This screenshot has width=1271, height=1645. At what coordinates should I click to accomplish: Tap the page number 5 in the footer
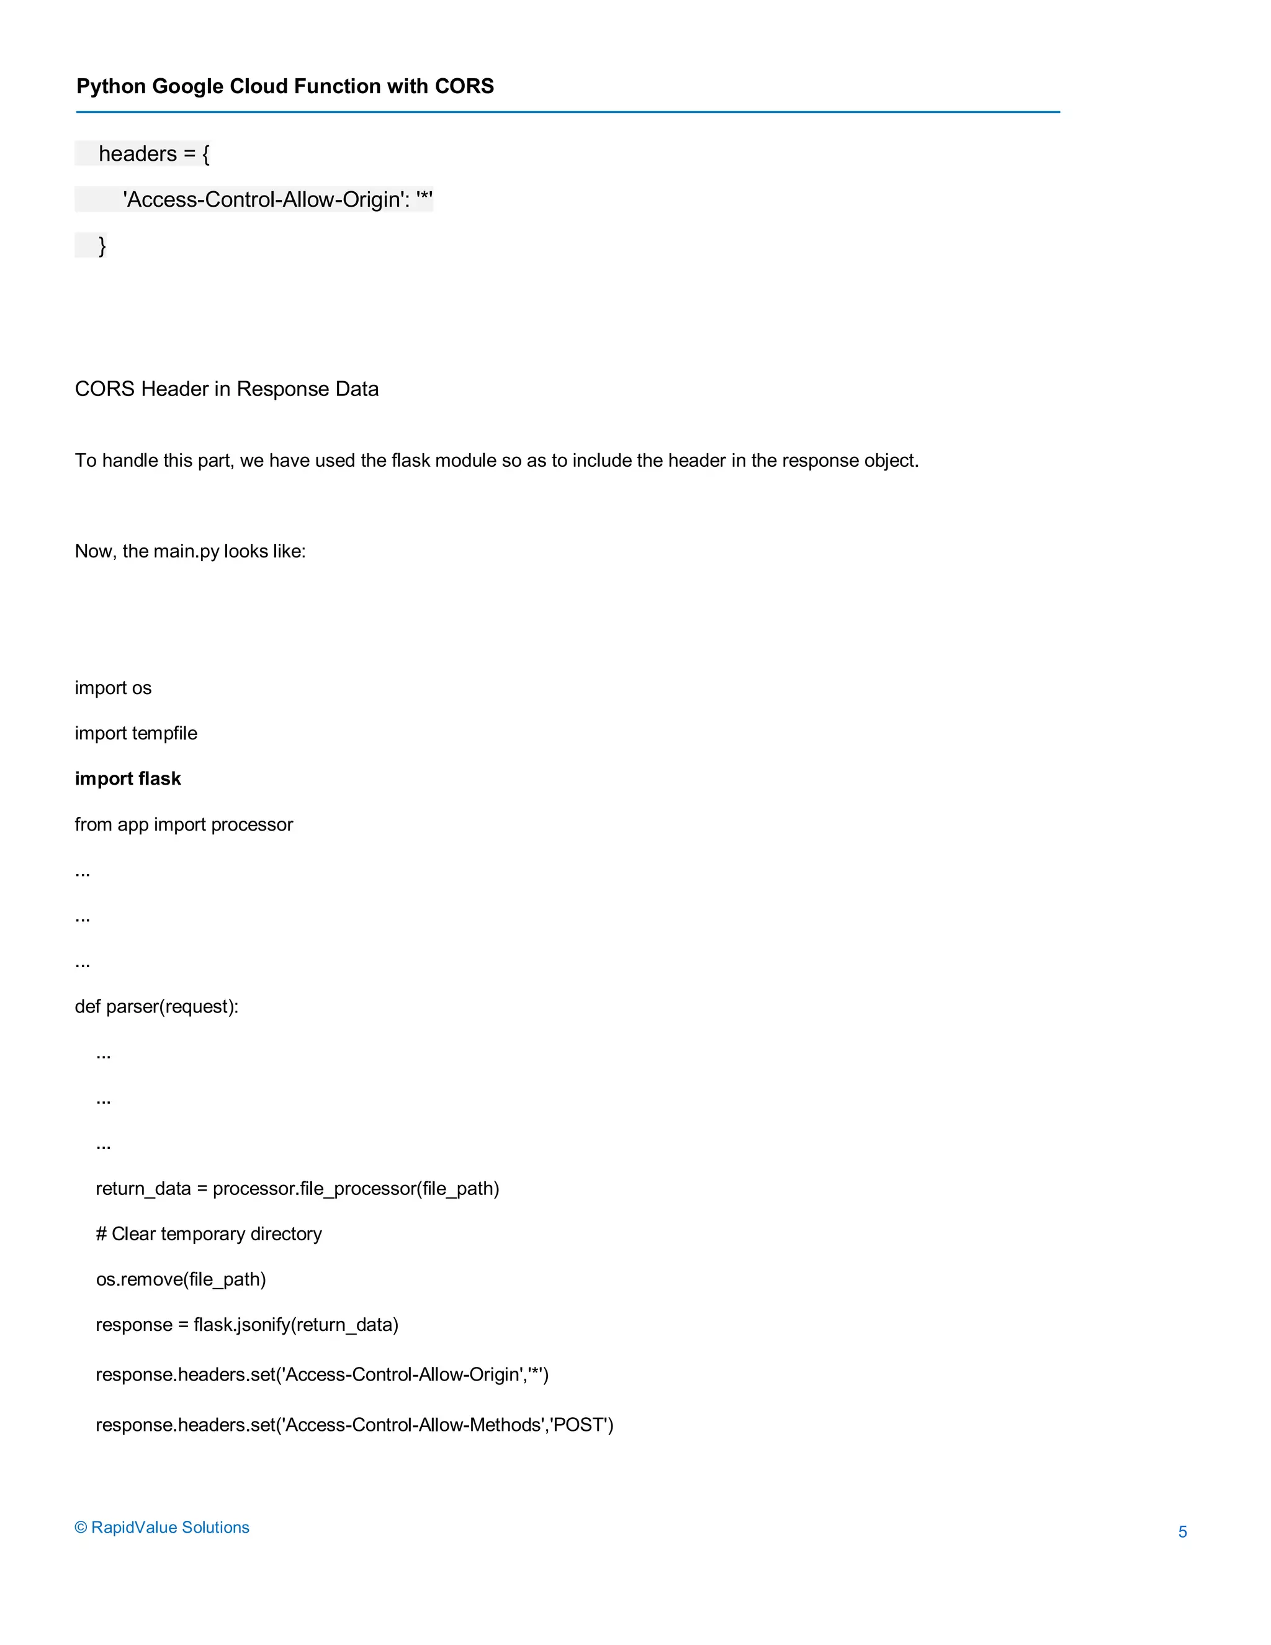(x=1182, y=1531)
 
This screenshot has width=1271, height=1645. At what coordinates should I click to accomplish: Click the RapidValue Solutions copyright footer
(x=162, y=1527)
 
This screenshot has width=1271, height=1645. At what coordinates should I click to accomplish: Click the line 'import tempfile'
(x=137, y=733)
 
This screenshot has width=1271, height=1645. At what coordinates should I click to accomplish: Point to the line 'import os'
(x=113, y=688)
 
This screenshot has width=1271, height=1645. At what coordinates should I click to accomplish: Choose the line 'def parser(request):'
(x=156, y=1006)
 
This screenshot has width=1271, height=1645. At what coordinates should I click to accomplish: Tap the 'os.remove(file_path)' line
(x=181, y=1279)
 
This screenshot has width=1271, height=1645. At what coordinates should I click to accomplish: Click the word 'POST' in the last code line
(x=580, y=1424)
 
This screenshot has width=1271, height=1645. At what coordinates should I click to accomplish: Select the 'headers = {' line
(x=155, y=154)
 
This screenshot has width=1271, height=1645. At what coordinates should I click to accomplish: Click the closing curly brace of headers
(x=102, y=246)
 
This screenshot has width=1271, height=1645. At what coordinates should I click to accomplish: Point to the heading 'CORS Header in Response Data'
(x=227, y=389)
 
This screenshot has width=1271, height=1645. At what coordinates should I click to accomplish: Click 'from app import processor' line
(x=184, y=824)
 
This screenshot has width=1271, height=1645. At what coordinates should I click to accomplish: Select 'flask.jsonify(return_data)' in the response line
(x=296, y=1324)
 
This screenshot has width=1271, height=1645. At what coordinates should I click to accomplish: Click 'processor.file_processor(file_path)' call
(x=356, y=1188)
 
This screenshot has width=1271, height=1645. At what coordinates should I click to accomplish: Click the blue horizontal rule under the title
(x=568, y=112)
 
